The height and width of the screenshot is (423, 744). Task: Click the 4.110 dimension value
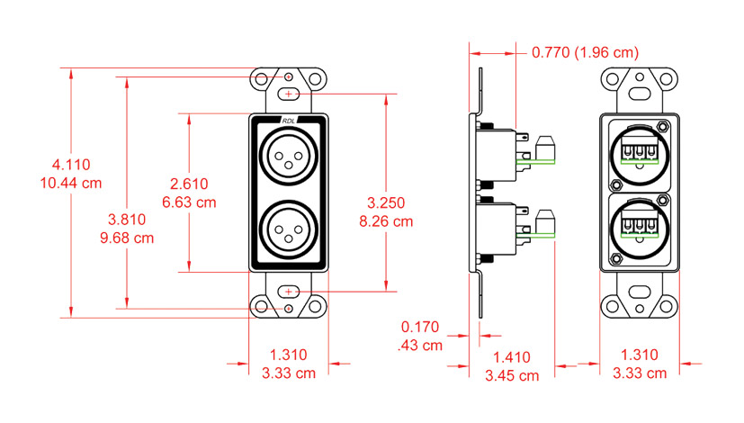click(71, 165)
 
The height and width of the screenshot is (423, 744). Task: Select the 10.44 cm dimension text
click(71, 182)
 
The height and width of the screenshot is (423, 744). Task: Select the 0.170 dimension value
click(421, 327)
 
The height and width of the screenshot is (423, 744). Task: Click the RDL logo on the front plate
click(288, 121)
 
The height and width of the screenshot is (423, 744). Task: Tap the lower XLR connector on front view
click(288, 230)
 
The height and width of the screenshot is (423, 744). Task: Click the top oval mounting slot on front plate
click(288, 94)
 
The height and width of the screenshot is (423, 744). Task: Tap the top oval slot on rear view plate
click(638, 92)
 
